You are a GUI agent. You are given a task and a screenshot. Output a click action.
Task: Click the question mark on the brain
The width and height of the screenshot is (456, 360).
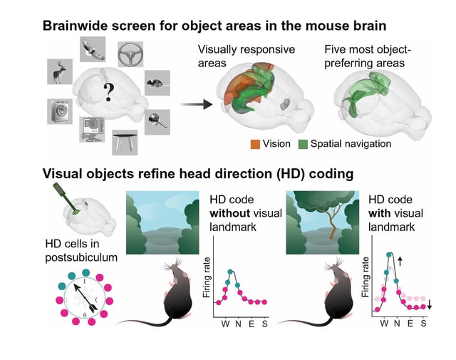tap(108, 91)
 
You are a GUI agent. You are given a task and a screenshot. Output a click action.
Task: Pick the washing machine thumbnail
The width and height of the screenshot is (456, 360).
tap(61, 113)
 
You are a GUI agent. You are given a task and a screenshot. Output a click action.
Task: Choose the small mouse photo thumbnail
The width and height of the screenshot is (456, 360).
tap(157, 83)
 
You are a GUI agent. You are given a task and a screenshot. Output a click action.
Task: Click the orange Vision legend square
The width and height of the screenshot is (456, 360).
tap(256, 144)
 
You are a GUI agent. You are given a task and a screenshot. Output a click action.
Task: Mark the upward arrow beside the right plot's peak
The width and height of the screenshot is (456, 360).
tap(399, 262)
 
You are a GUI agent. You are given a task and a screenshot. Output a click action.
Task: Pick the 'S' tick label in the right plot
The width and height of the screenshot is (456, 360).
tap(424, 322)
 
